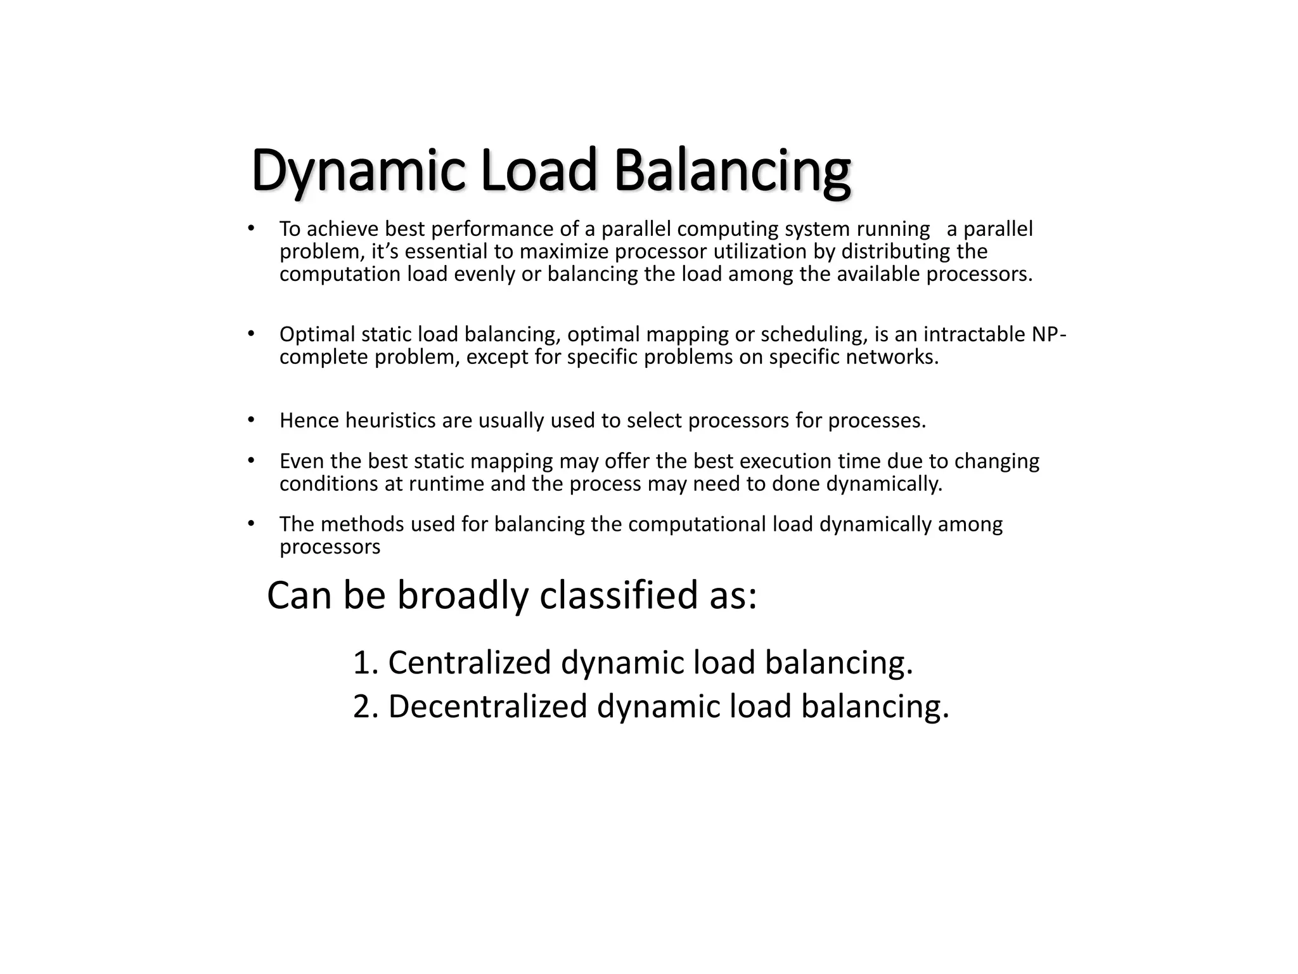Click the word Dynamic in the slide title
[358, 171]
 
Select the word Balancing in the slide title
[732, 171]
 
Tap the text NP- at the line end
[1049, 334]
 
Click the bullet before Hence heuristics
[251, 420]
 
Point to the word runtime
[447, 484]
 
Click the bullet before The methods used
[251, 524]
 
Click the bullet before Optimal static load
[251, 334]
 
